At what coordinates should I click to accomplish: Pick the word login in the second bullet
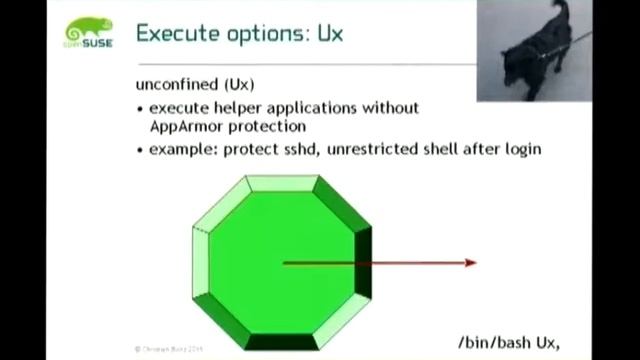(x=520, y=149)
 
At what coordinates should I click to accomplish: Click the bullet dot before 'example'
(x=140, y=150)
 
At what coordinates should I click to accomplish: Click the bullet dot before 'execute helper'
(x=140, y=108)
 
